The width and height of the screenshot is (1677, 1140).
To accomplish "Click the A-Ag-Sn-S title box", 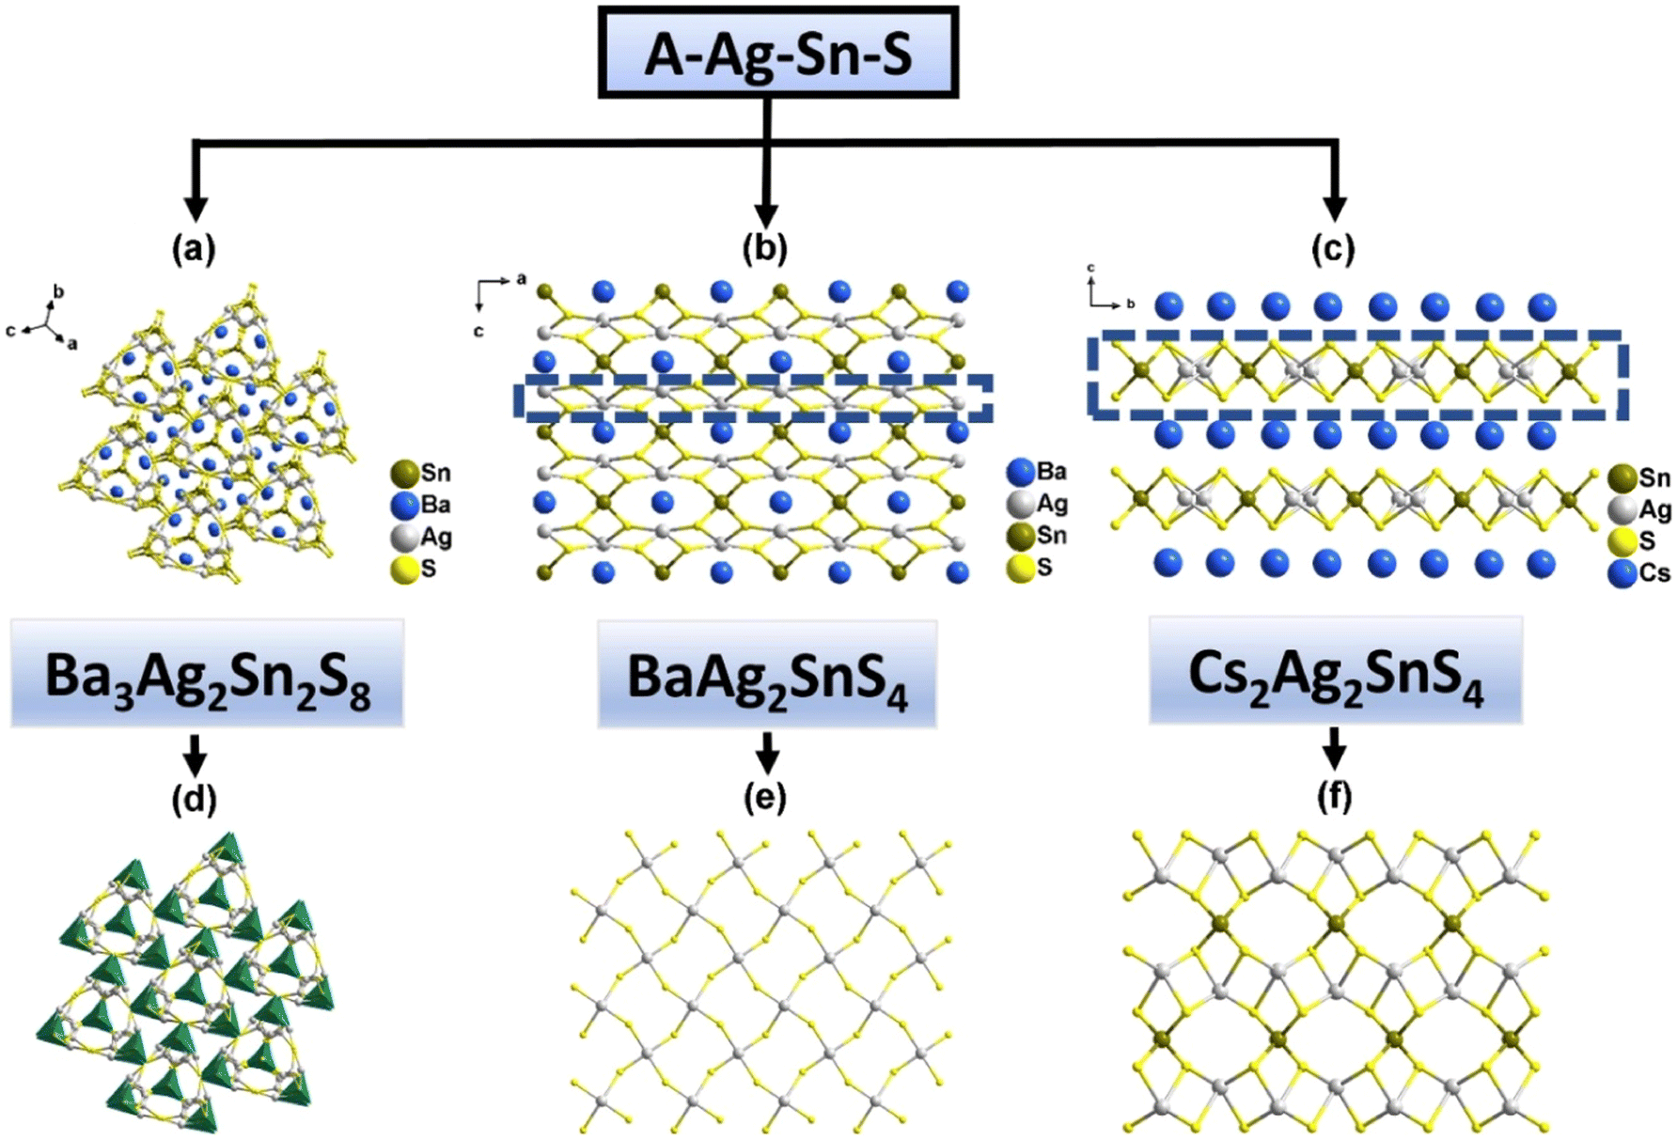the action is point(778,53).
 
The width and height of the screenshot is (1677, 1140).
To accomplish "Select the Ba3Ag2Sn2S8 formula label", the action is point(208,673).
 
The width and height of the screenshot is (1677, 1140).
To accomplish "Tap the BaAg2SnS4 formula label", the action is point(767,675).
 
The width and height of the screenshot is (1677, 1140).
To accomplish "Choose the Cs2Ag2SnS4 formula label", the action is point(1335,671).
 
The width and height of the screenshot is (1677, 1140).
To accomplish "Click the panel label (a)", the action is point(194,248).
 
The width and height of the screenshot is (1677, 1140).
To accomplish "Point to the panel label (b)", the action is point(765,248).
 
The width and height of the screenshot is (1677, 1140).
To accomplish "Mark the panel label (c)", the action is point(1334,248).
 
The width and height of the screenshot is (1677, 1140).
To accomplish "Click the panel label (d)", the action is point(194,798).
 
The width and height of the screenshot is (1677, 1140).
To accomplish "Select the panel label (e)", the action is point(765,798).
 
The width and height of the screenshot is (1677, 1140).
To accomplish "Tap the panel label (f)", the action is point(1334,797).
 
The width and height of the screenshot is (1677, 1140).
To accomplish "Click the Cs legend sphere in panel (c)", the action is point(1623,572).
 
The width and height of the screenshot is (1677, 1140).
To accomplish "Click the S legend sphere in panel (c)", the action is point(1623,541).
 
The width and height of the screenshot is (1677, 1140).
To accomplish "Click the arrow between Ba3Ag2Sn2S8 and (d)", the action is point(195,754).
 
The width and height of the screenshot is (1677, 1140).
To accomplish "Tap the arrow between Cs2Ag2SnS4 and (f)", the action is point(1334,748).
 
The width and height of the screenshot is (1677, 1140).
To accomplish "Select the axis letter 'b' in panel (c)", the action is point(1131,304).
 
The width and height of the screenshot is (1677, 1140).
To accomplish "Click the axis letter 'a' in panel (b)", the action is point(522,279).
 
